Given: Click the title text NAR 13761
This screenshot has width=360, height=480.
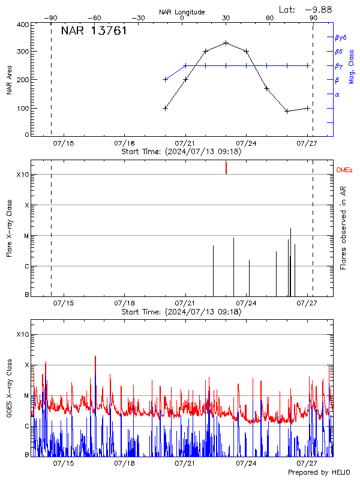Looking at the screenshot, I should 94,31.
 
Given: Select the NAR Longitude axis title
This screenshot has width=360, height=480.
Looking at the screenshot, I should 182,12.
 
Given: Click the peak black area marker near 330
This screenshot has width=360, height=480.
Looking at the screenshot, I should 226,43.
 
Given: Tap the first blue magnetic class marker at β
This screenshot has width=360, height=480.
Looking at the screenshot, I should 166,79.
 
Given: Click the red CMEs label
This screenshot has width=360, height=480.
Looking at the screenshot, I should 345,170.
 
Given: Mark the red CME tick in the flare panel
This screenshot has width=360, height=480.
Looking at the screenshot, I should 226,167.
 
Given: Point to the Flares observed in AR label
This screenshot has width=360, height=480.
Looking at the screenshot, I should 343,228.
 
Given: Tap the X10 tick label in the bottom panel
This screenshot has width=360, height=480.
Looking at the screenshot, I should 22,334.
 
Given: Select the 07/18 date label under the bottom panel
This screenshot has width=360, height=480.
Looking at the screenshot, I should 125,464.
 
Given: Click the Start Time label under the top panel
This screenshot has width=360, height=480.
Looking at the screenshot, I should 181,152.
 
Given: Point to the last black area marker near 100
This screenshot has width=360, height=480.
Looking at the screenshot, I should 308,108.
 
